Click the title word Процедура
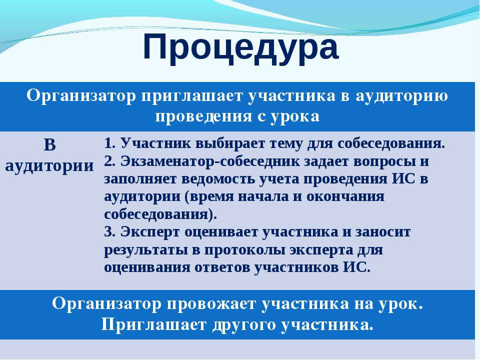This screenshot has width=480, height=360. point(240,47)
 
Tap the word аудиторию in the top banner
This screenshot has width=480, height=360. point(401,96)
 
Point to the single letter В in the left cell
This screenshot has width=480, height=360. point(50,144)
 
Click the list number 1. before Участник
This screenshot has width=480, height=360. point(110,143)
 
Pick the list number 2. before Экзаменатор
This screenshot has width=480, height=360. point(110,161)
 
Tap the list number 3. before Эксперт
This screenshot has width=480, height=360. point(110,231)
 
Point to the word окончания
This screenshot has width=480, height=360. point(345,197)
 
